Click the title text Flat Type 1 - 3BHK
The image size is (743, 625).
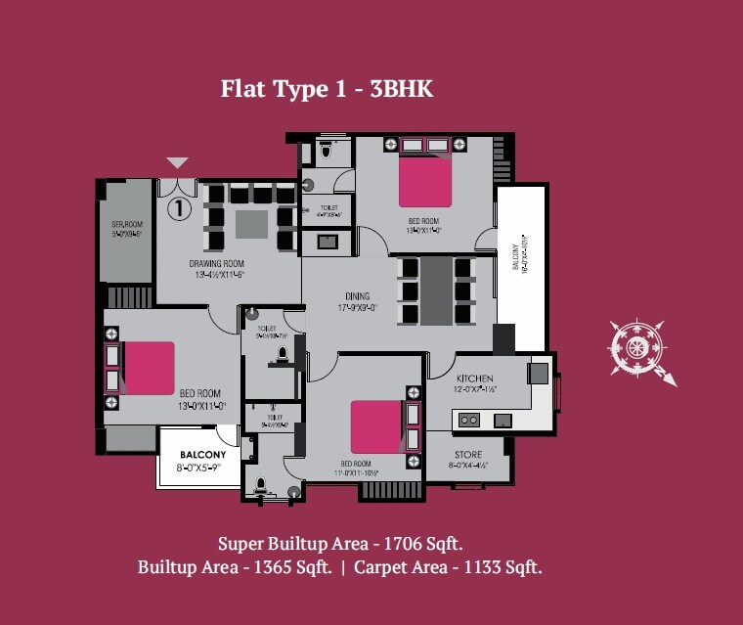[x=327, y=90]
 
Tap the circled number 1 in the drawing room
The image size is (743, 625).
[x=179, y=207]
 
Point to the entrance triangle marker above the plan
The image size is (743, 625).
[x=177, y=162]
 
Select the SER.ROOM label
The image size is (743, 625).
[x=127, y=229]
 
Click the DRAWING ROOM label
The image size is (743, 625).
[x=216, y=264]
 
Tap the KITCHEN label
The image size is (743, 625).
[x=475, y=379]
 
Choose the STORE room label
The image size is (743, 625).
[x=468, y=455]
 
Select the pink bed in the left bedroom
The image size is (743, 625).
[x=149, y=367]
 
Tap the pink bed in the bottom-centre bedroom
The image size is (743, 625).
[x=375, y=426]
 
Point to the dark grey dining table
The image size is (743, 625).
[x=436, y=290]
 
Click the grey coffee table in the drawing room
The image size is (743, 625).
[x=251, y=224]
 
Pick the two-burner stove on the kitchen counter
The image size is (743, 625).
[x=469, y=420]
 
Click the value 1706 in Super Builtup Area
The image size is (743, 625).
[x=406, y=543]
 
